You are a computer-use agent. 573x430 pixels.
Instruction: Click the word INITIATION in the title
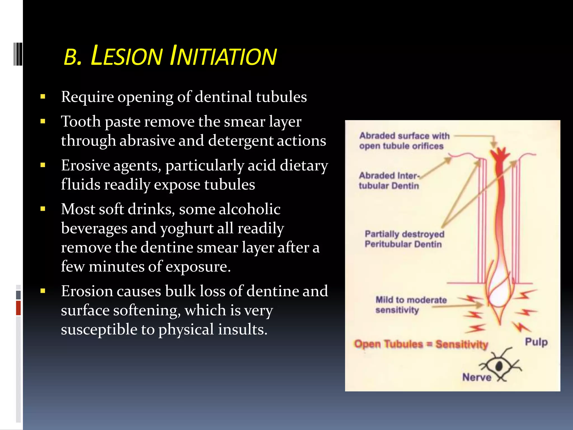coord(223,56)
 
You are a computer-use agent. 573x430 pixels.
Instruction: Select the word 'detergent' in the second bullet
coord(241,141)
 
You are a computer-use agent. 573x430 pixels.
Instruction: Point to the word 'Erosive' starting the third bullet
coord(85,165)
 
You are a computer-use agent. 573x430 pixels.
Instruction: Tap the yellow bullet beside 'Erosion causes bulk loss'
coord(43,291)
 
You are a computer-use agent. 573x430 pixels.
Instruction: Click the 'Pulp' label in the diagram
coord(536,342)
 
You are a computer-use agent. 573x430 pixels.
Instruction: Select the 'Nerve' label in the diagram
coord(476,377)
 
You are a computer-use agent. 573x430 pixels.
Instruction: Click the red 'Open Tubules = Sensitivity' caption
coord(421,344)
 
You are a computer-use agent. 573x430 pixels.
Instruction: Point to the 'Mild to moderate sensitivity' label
coord(411,305)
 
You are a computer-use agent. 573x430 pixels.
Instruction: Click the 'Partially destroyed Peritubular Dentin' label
coord(404,239)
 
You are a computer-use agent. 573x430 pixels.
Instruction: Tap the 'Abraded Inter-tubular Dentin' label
coord(389,181)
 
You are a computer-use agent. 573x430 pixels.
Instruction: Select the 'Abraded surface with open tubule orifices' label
coord(404,141)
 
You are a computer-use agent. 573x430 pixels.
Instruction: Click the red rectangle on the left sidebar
coord(18,308)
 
